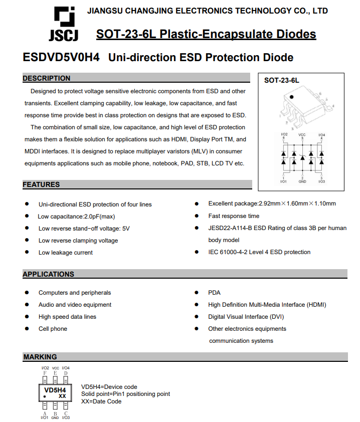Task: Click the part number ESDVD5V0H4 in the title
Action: click(61, 57)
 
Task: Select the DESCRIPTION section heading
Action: click(47, 78)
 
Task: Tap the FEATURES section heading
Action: click(41, 184)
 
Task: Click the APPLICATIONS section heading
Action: click(48, 274)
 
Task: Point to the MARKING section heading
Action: click(40, 357)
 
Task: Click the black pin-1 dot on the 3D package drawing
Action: click(292, 96)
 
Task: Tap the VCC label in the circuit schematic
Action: click(302, 135)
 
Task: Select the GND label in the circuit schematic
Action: click(302, 181)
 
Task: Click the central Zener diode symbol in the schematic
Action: click(302, 157)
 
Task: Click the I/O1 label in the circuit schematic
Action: click(284, 181)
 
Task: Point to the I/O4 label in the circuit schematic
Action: click(321, 135)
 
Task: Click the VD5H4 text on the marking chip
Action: click(55, 390)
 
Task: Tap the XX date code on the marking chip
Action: click(62, 396)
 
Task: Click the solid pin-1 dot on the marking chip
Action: click(45, 396)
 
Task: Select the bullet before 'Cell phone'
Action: click(27, 329)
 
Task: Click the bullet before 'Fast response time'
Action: click(197, 216)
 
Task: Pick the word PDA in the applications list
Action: click(214, 293)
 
